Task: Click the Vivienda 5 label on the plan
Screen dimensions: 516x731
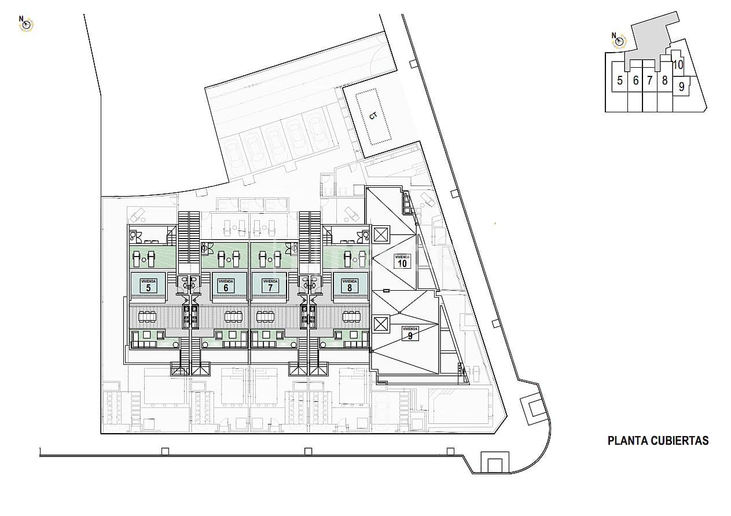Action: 149,285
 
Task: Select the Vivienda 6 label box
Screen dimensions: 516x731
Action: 226,285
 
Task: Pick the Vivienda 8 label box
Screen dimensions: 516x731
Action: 350,285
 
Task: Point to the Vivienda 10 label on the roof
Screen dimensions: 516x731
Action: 402,261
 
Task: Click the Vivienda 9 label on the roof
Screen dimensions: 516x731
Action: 410,333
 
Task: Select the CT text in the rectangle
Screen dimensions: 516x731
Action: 373,116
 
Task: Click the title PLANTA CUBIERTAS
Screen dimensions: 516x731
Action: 658,441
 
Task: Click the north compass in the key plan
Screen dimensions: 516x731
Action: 619,40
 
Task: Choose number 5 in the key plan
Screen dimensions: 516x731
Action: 620,81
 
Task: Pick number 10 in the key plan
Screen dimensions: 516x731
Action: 678,65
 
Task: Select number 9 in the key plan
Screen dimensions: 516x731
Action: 682,87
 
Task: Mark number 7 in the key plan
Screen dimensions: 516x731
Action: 649,81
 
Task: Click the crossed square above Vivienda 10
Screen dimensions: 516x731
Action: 380,235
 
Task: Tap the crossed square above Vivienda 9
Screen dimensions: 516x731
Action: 380,323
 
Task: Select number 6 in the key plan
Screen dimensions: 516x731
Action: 636,81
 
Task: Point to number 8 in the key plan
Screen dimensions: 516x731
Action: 664,81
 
